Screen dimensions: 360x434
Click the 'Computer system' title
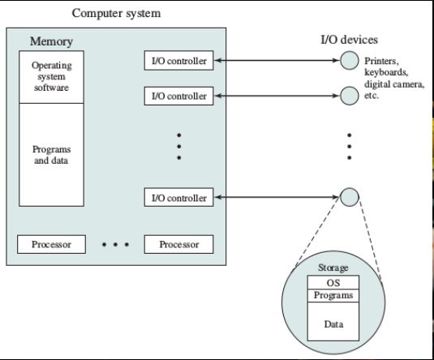(116, 13)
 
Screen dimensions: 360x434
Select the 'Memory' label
(51, 41)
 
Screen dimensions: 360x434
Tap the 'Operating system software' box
(51, 75)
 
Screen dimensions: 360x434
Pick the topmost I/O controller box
(178, 61)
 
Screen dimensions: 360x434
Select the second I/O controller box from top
(178, 96)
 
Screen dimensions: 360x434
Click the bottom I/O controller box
(178, 198)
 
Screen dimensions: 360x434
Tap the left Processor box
(51, 244)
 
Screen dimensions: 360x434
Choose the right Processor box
(178, 244)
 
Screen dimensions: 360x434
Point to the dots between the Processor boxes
(114, 244)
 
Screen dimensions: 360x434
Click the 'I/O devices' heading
(350, 40)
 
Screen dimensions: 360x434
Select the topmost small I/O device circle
(349, 61)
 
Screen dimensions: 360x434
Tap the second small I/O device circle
(349, 96)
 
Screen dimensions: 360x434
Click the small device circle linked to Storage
(349, 197)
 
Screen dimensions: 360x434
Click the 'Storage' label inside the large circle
(333, 268)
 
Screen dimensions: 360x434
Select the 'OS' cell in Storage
(333, 282)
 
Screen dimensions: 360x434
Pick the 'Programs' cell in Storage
(333, 295)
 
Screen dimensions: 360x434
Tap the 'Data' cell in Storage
(333, 323)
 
